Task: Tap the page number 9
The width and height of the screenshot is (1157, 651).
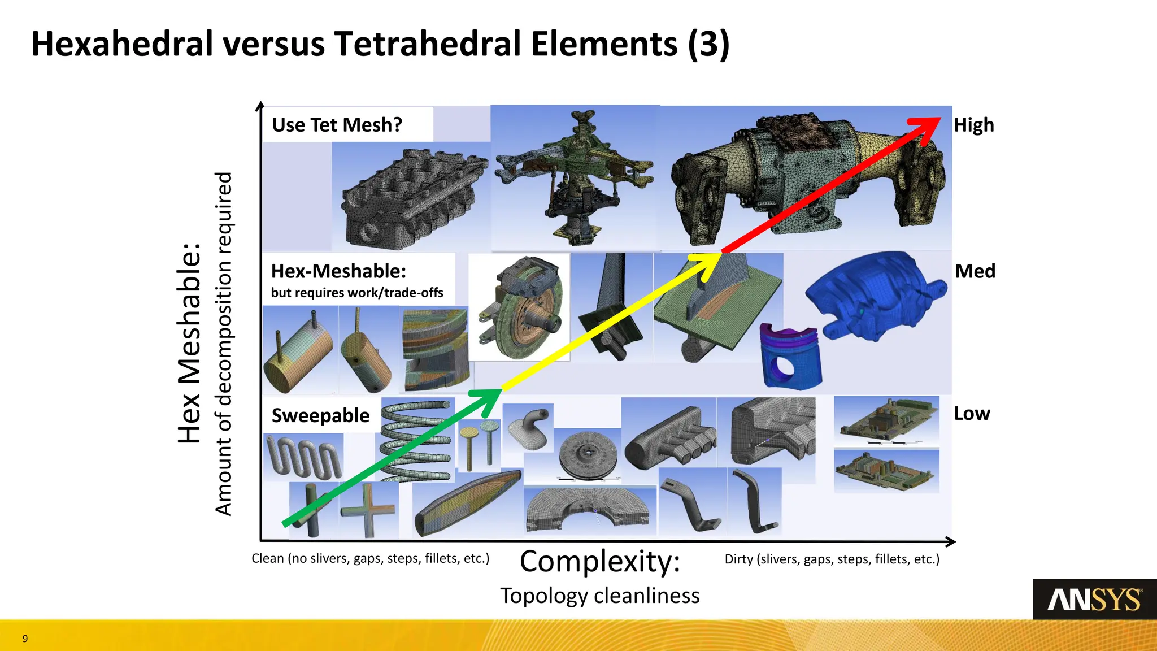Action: [x=25, y=639]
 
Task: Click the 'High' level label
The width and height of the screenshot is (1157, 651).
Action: [x=973, y=125]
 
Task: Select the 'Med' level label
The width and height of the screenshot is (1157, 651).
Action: [x=975, y=271]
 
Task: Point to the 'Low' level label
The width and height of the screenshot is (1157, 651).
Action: [x=972, y=414]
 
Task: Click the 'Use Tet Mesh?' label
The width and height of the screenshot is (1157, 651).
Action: [x=337, y=125]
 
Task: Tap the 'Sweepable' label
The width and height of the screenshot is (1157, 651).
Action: [x=320, y=416]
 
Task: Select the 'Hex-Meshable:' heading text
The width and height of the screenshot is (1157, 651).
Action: [x=338, y=271]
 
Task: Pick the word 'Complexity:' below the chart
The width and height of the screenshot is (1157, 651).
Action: [x=600, y=562]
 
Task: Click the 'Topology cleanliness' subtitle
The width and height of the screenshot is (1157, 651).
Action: [x=600, y=596]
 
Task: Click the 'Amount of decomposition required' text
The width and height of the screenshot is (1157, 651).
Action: [x=224, y=344]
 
